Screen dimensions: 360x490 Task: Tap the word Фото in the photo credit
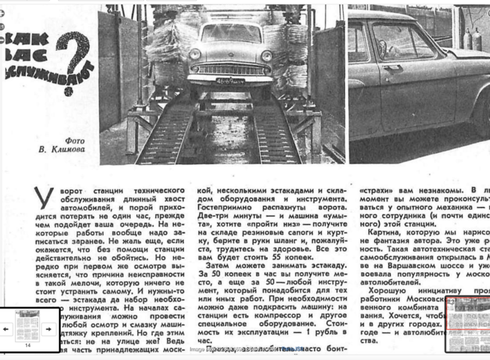(x=75, y=141)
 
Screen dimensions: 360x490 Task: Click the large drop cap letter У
(x=43, y=198)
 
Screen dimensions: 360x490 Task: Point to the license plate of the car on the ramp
(x=230, y=81)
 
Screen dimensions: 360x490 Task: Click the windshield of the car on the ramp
(x=231, y=33)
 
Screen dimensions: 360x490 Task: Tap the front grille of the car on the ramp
(x=231, y=68)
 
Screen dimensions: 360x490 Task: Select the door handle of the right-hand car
(x=393, y=67)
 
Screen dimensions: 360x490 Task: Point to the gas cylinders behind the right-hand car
(x=471, y=39)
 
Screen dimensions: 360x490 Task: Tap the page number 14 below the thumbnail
(x=28, y=345)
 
